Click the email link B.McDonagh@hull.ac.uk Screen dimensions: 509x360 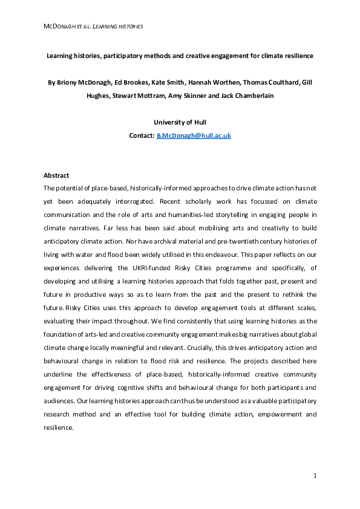[x=194, y=135]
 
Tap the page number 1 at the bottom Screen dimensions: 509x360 [x=315, y=476]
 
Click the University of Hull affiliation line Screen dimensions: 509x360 [x=180, y=122]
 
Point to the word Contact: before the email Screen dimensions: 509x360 [x=142, y=135]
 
